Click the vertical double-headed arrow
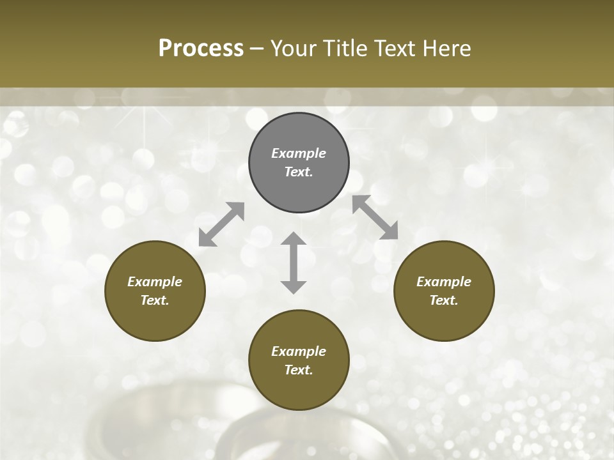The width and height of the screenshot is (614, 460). coord(294,263)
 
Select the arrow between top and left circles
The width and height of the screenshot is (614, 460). coord(221,224)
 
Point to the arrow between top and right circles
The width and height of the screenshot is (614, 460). coord(375,217)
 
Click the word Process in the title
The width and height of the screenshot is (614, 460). coord(201,49)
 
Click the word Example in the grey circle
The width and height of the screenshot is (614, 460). coord(299,153)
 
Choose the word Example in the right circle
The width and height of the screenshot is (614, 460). coord(444,282)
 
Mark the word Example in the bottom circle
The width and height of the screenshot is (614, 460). coord(299,351)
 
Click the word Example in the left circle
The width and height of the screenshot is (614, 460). coord(155,282)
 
